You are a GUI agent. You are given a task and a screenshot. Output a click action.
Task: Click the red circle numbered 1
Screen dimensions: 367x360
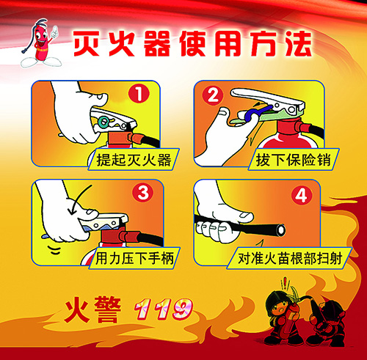tap(139, 94)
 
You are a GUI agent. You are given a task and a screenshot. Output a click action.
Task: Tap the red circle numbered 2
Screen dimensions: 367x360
tap(213, 95)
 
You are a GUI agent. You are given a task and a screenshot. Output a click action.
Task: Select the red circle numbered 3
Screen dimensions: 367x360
tap(143, 193)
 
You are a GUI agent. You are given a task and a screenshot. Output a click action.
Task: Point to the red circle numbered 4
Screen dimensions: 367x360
tap(302, 196)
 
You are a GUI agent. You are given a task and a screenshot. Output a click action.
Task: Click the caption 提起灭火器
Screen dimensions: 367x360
tap(134, 160)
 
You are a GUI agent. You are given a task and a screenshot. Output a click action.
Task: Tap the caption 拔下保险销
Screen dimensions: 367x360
tap(293, 160)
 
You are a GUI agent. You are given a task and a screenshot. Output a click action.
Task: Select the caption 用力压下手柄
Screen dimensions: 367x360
tap(134, 259)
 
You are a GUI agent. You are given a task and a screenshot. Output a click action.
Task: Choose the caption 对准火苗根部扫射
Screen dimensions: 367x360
tap(290, 259)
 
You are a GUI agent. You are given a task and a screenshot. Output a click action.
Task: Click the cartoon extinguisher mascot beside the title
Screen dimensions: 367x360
tap(40, 44)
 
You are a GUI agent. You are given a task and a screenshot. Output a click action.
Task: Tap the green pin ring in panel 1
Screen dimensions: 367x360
tap(103, 122)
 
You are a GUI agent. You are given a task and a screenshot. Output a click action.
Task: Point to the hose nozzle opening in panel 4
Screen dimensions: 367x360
tap(280, 229)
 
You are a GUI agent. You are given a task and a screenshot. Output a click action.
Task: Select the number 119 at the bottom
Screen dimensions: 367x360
tap(164, 309)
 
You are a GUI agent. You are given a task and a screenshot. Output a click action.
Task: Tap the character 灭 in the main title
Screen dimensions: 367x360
tap(86, 43)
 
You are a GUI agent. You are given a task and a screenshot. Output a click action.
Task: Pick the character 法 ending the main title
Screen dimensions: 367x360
tap(298, 43)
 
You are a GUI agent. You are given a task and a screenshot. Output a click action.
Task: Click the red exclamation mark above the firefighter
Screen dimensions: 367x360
tap(285, 284)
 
